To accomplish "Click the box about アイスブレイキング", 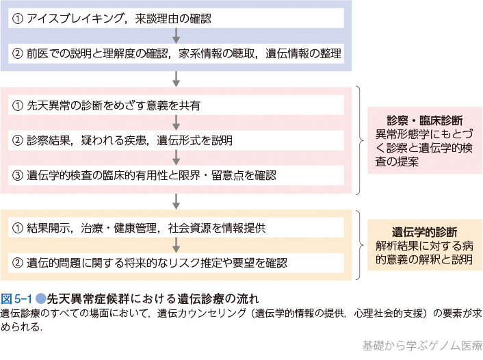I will [177, 18].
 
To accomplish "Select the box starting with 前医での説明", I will [177, 52].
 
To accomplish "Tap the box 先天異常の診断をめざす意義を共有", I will [177, 105].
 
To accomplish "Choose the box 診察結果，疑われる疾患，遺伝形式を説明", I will [177, 140].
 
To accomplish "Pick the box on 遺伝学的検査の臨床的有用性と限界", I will [177, 175].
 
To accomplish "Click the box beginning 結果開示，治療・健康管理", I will [177, 228].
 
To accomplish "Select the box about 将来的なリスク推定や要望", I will [177, 262].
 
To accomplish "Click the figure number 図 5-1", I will [16, 298].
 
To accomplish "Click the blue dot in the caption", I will [41, 298].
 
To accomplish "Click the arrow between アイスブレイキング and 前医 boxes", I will [177, 35].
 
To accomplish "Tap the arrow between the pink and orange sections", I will [177, 200].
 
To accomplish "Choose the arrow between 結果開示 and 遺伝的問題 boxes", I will [177, 245].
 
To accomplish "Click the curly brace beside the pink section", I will [361, 140].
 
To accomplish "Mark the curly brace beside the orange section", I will [361, 245].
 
